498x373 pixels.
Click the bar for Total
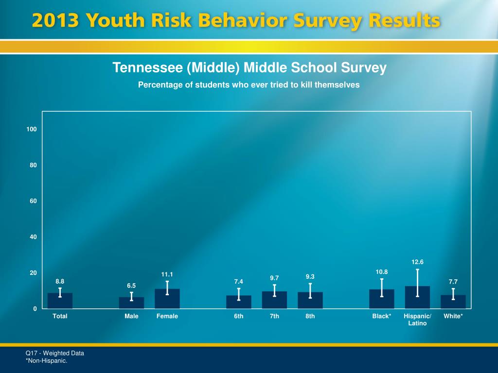coord(60,301)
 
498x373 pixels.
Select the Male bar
coord(131,303)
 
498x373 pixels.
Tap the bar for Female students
coord(167,299)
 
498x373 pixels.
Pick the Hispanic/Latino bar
coord(417,298)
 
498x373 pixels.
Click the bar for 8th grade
coord(310,301)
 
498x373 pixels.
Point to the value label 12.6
coord(417,262)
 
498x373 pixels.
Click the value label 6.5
coord(131,286)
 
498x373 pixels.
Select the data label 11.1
coord(167,275)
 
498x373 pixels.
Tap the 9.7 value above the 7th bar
coord(274,278)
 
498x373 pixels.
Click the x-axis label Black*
coord(382,317)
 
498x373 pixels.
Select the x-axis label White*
coord(453,317)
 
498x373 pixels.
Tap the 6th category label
coord(239,317)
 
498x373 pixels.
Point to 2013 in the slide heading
coord(55,21)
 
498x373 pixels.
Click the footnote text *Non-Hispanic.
coord(46,361)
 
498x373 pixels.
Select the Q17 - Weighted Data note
coord(55,354)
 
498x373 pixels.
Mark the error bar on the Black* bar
coord(382,288)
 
